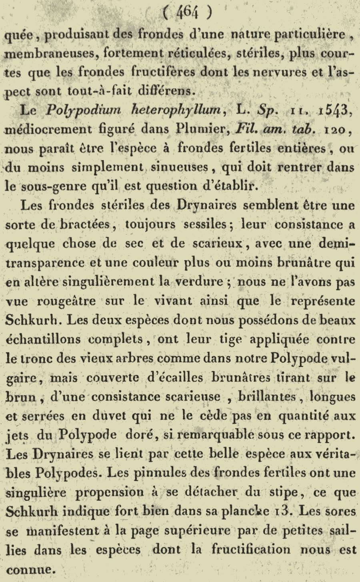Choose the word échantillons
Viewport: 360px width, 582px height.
pyautogui.click(x=46, y=339)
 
